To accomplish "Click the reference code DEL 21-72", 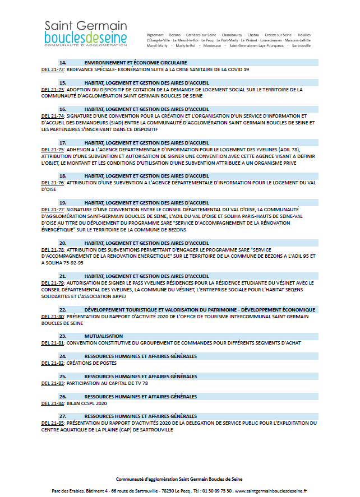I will click(53, 69).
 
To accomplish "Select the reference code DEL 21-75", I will click(53, 150).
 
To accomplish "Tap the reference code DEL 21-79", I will click(53, 283).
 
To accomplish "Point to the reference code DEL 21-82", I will click(53, 363).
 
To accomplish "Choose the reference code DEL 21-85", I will click(53, 423).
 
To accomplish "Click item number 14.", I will click(63, 62).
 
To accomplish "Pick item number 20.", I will click(63, 243).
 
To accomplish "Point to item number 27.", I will click(63, 416).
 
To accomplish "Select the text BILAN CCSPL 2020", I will click(86, 403).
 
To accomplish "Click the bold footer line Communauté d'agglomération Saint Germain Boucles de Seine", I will click(179, 479).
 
